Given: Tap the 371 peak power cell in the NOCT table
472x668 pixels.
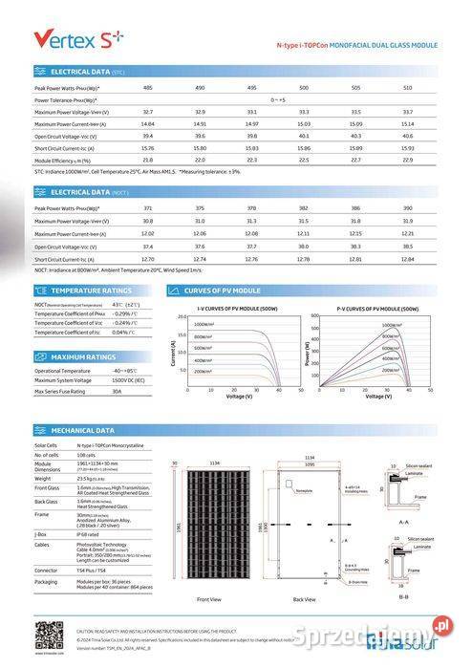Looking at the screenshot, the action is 147,207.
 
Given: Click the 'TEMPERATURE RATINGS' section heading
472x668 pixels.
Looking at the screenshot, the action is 91,290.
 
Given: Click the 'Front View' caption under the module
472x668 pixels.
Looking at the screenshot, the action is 209,599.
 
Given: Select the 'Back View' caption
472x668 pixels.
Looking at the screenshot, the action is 304,599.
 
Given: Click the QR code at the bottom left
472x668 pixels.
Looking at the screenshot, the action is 49,634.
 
